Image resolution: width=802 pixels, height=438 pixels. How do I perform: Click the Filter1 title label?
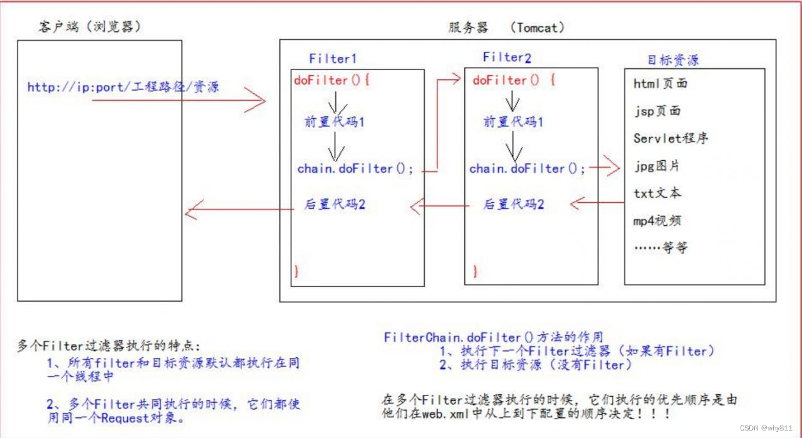333,59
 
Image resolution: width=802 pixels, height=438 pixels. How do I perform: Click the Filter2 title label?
507,58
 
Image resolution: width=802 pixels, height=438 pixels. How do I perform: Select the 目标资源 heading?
672,61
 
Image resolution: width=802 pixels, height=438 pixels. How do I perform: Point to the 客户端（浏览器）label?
88,28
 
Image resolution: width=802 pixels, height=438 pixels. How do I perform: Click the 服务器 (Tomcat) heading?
506,28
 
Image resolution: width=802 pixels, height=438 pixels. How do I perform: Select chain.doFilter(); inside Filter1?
355,169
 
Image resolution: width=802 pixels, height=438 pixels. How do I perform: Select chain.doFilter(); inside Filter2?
528,169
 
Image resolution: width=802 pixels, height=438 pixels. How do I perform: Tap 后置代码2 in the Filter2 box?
513,204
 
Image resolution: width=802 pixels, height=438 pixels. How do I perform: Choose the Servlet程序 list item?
670,138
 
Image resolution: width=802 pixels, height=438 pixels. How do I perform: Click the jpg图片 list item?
656,166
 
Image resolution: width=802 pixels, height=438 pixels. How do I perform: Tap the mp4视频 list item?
657,220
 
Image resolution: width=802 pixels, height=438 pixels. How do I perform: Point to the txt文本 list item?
657,193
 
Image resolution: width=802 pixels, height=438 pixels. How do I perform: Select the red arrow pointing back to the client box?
238,211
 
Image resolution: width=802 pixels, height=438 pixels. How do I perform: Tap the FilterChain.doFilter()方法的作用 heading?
493,337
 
